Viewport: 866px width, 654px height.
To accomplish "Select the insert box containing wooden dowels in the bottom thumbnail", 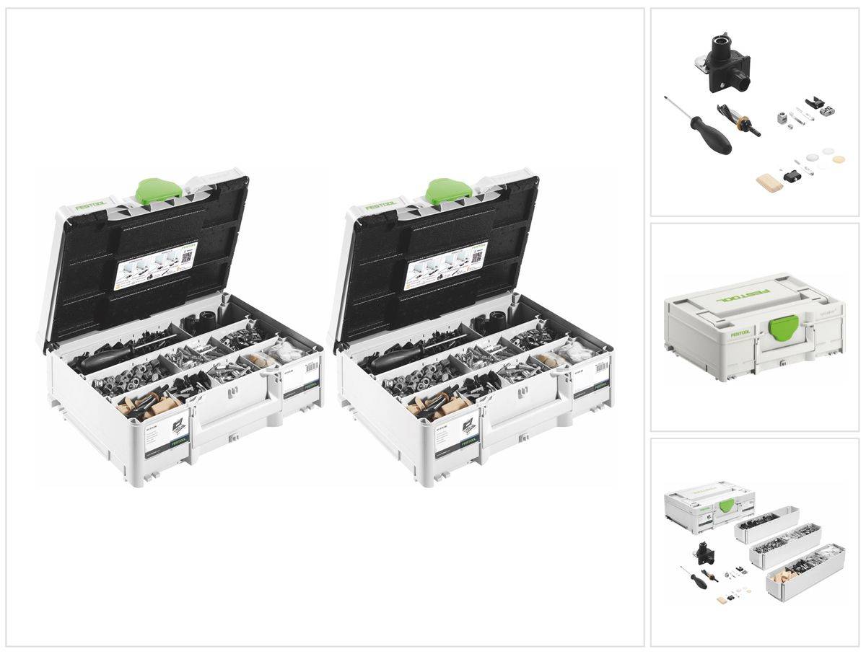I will pos(794,578).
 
